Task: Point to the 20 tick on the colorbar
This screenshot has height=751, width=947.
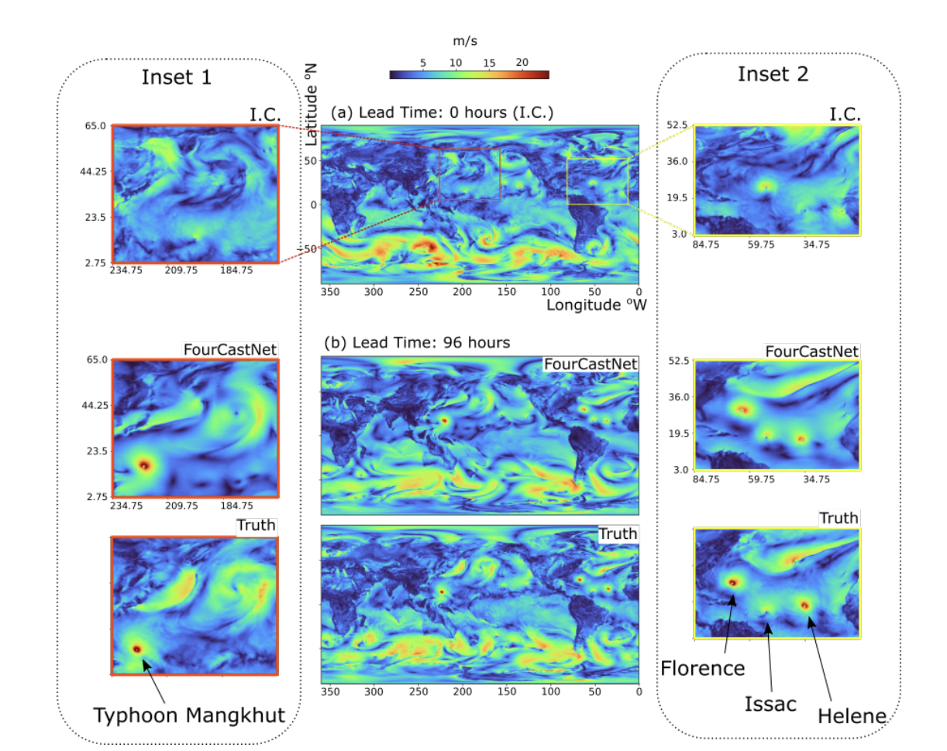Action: point(521,62)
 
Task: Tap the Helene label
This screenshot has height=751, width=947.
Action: point(851,716)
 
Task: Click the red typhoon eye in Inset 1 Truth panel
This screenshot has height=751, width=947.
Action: point(137,649)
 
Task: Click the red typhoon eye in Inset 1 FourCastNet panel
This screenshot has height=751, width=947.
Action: point(144,465)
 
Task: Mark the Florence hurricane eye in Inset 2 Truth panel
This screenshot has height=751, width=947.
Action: point(732,582)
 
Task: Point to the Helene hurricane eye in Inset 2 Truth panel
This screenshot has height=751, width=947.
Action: point(804,604)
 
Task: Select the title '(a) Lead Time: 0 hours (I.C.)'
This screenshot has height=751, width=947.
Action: point(442,113)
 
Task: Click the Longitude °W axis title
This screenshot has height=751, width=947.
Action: point(596,305)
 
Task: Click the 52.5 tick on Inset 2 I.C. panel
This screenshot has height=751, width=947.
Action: point(680,125)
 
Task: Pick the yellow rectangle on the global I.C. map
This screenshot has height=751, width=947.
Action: point(597,181)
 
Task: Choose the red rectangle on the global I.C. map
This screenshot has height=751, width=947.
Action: point(470,174)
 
